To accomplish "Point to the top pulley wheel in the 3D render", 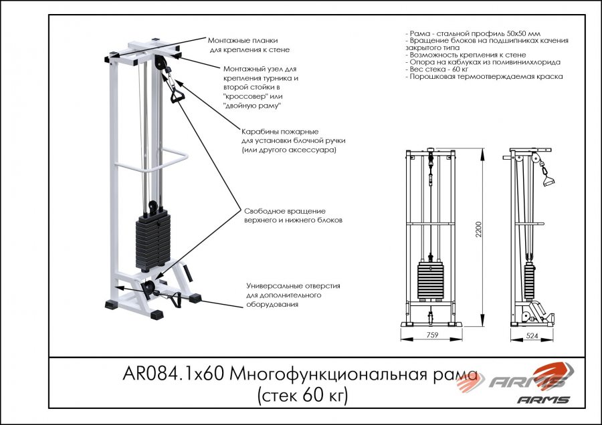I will (161, 63).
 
